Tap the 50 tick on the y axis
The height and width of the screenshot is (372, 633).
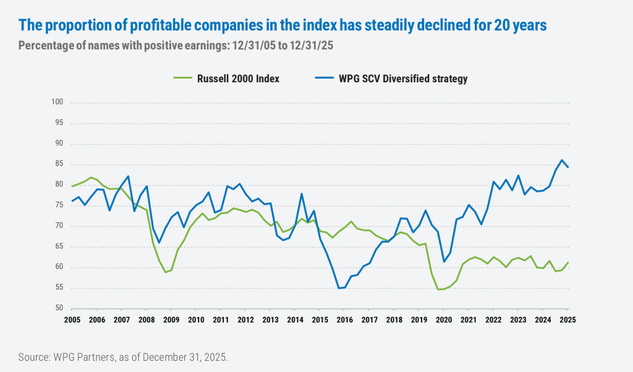pyautogui.click(x=59, y=309)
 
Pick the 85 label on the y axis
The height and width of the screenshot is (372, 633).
pyautogui.click(x=59, y=164)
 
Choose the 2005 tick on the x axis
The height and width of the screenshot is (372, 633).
pyautogui.click(x=72, y=320)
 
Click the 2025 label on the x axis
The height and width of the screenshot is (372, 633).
pyautogui.click(x=567, y=320)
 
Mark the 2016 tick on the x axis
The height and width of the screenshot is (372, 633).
pyautogui.click(x=344, y=320)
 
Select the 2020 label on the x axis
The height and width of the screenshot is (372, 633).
pyautogui.click(x=443, y=320)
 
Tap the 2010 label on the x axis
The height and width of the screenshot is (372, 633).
pyautogui.click(x=196, y=320)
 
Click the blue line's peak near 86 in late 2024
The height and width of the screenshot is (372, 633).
pyautogui.click(x=561, y=160)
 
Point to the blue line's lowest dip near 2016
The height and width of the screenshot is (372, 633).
pyautogui.click(x=339, y=288)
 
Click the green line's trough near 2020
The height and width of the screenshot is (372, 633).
pyautogui.click(x=440, y=289)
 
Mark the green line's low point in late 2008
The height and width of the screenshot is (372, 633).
pyautogui.click(x=166, y=272)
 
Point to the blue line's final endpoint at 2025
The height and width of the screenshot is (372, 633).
pyautogui.click(x=568, y=168)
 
